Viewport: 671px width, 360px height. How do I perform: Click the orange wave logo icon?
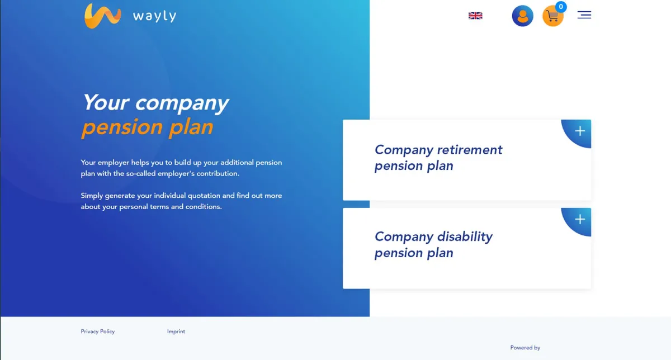pyautogui.click(x=102, y=16)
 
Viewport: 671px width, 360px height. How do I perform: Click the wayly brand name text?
pyautogui.click(x=154, y=16)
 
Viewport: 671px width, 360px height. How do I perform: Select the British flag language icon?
pyautogui.click(x=475, y=16)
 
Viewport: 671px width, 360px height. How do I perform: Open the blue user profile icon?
pyautogui.click(x=522, y=16)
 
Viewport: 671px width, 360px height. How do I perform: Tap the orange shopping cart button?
pyautogui.click(x=552, y=16)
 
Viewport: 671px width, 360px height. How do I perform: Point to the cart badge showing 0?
pyautogui.click(x=561, y=7)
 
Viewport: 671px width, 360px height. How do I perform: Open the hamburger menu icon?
pyautogui.click(x=584, y=15)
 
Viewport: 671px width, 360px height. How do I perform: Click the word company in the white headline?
pyautogui.click(x=182, y=103)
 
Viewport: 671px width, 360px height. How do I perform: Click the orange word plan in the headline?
pyautogui.click(x=191, y=127)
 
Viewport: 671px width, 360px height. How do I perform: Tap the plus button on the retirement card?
pyautogui.click(x=580, y=131)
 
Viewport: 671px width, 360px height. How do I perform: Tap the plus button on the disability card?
pyautogui.click(x=580, y=219)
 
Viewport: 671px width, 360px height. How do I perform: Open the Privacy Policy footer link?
pyautogui.click(x=98, y=331)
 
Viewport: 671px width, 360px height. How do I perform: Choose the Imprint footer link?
pyautogui.click(x=176, y=331)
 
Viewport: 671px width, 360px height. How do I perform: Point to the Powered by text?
pyautogui.click(x=525, y=348)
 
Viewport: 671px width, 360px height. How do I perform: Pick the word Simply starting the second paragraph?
pyautogui.click(x=92, y=196)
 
